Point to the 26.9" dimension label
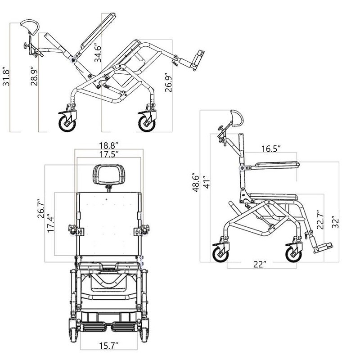[x=169, y=82]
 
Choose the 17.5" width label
[x=108, y=155]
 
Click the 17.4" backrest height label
[x=50, y=223]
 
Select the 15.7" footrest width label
[x=108, y=346]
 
